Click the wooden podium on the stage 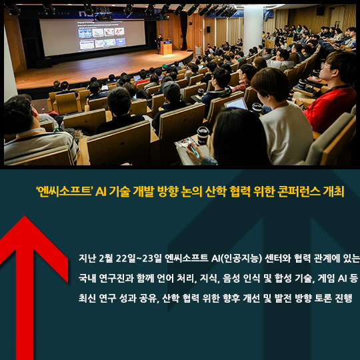(x=166, y=48)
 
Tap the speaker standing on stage (x=159, y=43)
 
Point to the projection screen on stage (x=92, y=37)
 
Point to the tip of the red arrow (x=25, y=216)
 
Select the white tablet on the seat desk (x=236, y=104)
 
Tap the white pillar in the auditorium (x=253, y=27)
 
